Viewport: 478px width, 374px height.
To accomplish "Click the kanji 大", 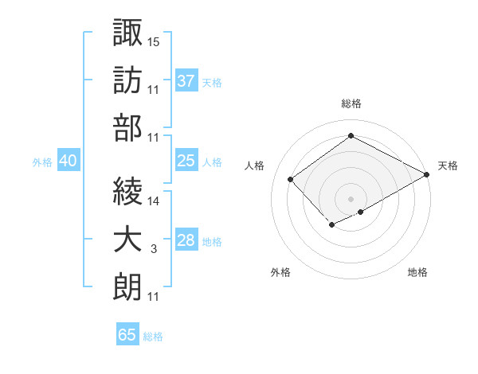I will pos(127,240).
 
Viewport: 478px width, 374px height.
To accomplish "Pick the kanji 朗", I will pos(127,287).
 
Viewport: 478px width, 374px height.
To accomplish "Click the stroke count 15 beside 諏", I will pos(154,41).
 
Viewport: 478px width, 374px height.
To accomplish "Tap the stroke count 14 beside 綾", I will pos(154,202).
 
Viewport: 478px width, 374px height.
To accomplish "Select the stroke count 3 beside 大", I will pos(154,250).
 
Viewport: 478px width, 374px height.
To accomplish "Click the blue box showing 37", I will pos(186,81).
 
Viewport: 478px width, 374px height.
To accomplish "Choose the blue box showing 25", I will pos(186,162).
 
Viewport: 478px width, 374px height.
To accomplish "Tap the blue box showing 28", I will pos(186,241).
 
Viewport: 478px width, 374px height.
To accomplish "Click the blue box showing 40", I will pos(68,162).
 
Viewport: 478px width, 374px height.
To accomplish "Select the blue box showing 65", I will pos(127,335).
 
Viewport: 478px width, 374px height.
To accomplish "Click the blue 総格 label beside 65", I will pos(153,337).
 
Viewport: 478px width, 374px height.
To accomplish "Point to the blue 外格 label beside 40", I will pos(42,162).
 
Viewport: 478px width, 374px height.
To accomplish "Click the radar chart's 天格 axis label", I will pos(448,166).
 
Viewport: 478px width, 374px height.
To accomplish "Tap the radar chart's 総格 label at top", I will pos(351,103).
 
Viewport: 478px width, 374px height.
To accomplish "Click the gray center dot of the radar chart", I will pos(351,197).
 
